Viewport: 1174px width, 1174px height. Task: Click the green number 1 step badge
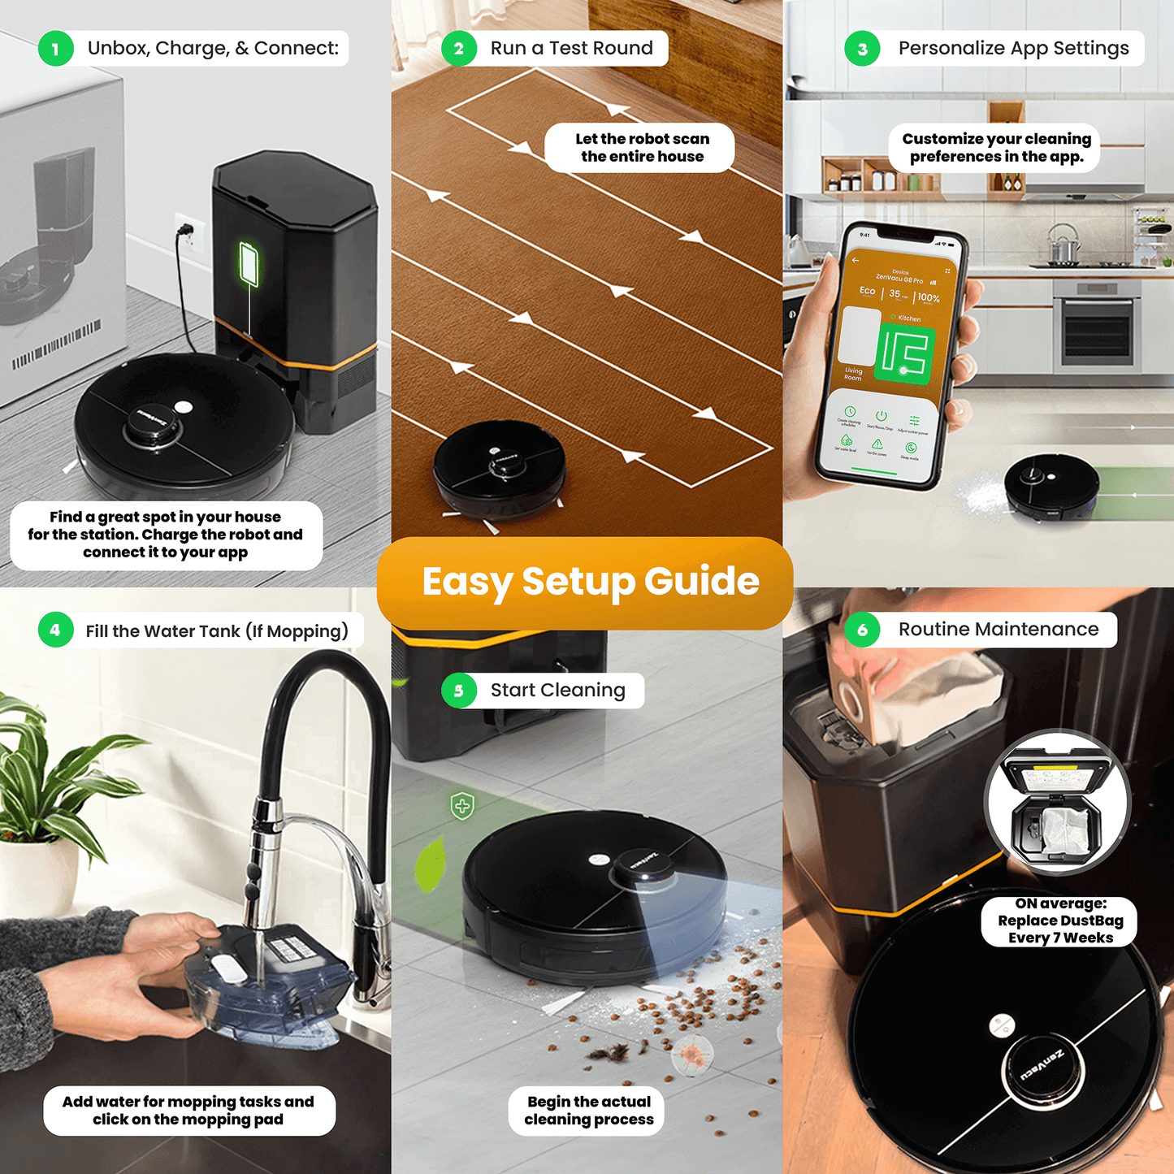pos(55,49)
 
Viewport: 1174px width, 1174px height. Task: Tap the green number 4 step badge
pos(55,630)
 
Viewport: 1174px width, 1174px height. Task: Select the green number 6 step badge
pos(862,630)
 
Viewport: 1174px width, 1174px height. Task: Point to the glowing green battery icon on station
pos(249,264)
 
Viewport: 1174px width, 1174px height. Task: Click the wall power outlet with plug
pos(188,234)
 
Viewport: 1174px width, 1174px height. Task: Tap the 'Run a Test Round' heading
pos(571,49)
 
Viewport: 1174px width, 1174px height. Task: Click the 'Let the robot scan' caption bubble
pos(641,148)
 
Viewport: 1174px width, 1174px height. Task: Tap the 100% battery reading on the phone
pos(928,298)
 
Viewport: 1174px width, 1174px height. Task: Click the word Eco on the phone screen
pos(868,291)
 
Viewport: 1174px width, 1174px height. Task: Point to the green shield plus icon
pos(462,806)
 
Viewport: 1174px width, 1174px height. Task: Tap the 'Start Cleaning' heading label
pos(557,691)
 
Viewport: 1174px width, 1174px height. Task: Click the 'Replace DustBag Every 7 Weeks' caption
pos(1059,921)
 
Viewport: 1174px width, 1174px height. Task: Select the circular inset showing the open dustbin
pos(1057,803)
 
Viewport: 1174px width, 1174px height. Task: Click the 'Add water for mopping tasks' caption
pos(188,1111)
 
